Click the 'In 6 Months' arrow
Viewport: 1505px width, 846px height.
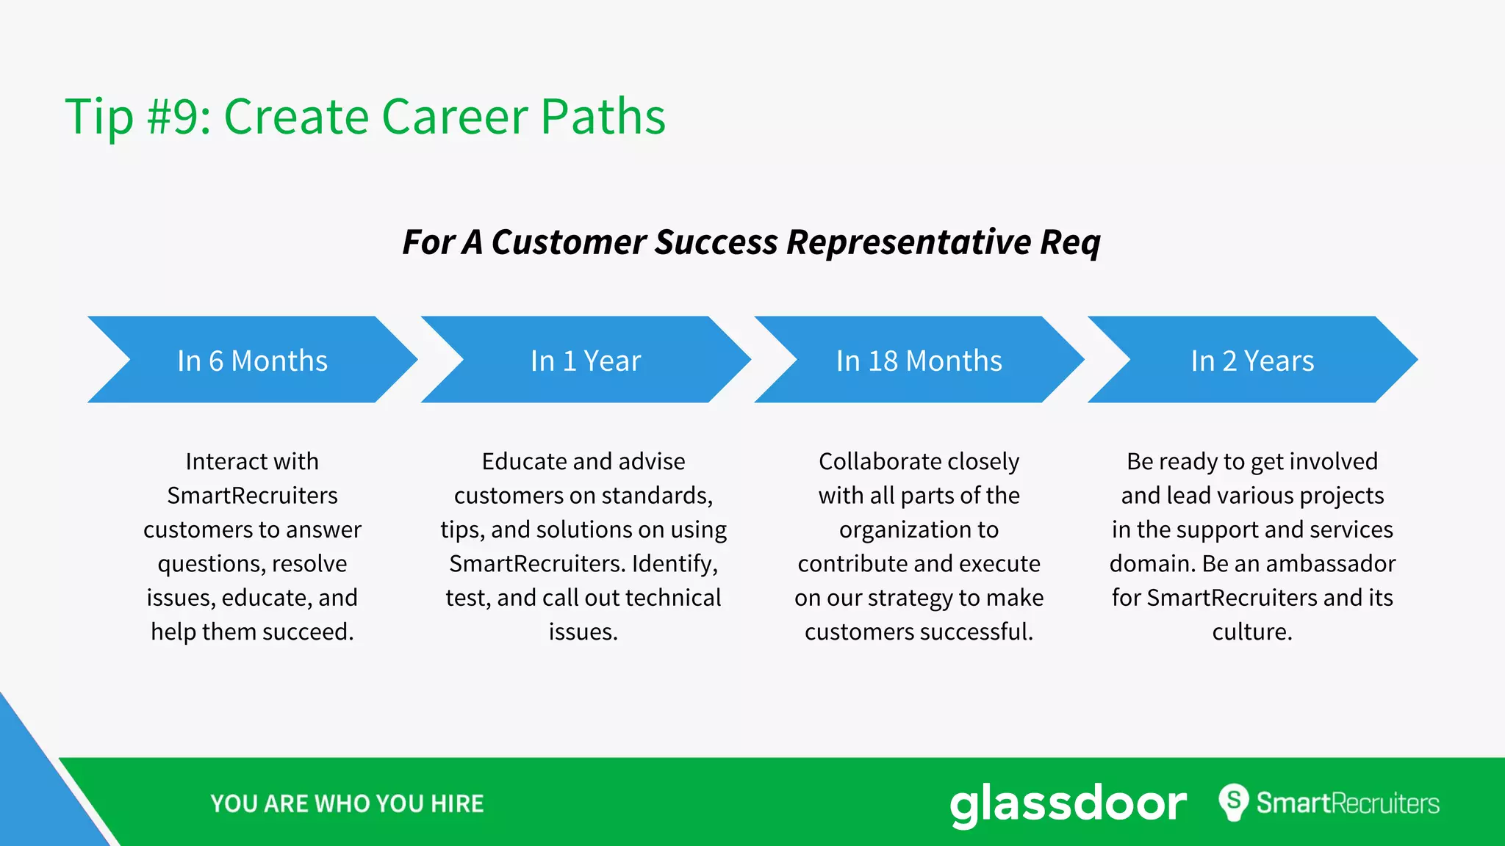coord(252,360)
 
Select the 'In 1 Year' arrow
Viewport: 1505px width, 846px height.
coord(586,360)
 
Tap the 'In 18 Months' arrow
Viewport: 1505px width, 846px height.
coord(919,360)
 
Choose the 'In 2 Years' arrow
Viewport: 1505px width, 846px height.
coord(1252,360)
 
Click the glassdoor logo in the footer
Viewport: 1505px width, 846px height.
coord(1068,803)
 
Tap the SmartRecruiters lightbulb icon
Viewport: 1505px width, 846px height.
coord(1234,802)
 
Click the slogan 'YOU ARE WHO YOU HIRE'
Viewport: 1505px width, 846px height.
coord(347,803)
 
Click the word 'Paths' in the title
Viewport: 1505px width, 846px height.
coord(603,116)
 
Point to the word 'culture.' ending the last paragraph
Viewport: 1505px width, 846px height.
coord(1252,632)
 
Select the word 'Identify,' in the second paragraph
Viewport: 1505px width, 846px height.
coord(675,563)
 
